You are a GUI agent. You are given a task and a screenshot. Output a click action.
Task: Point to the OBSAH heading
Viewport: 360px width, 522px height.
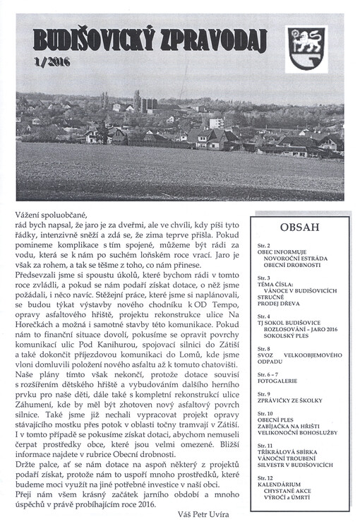[299, 227]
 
